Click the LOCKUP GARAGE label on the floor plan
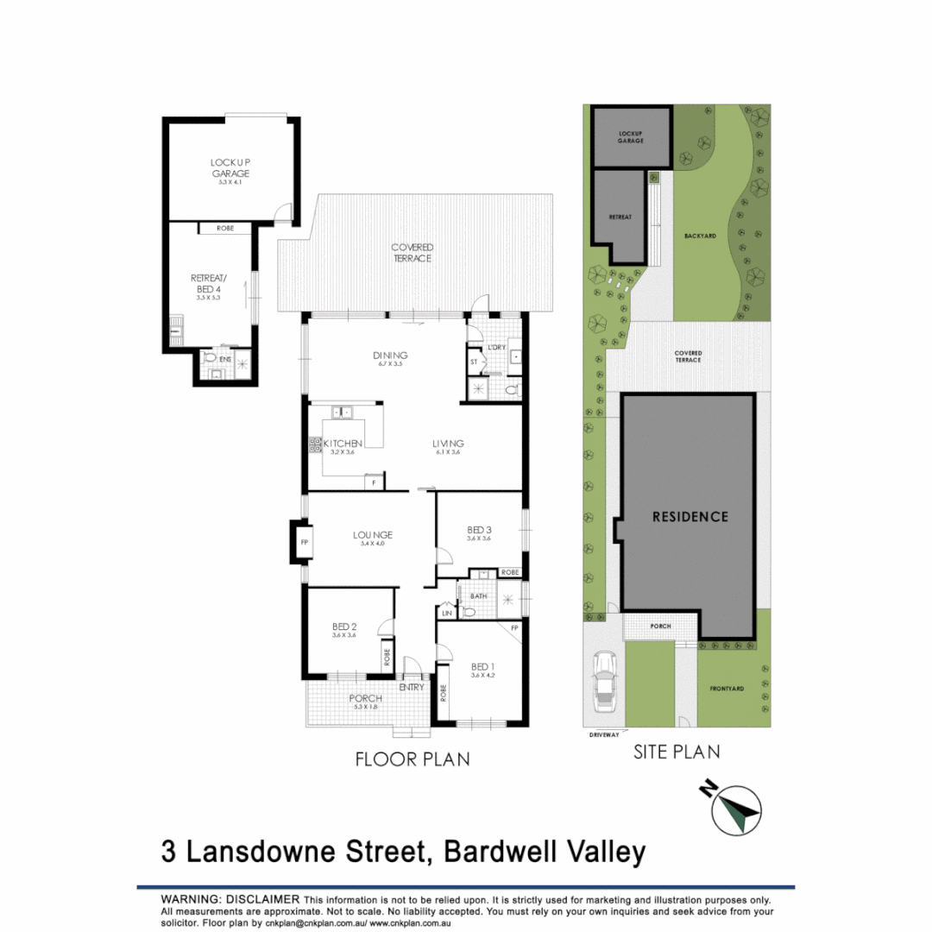[230, 168]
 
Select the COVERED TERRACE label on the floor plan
[412, 253]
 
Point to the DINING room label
[390, 356]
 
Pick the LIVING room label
[450, 444]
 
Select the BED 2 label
[344, 627]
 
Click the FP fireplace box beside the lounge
[304, 543]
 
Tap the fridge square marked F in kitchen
[375, 483]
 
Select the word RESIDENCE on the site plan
[690, 517]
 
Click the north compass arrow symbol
[736, 809]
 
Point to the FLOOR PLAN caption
[412, 759]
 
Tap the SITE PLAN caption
[677, 752]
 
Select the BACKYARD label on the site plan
[701, 235]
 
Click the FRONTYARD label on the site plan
[727, 689]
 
